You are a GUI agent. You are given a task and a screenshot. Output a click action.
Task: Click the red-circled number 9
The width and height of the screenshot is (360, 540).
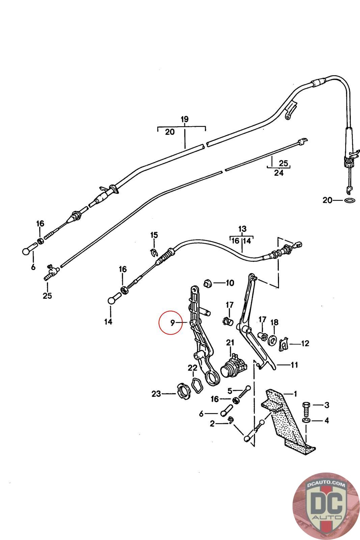point(172,323)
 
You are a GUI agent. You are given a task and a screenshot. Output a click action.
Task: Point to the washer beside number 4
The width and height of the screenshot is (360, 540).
point(306,421)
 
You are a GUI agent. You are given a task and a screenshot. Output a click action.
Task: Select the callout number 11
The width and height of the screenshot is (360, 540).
point(294,365)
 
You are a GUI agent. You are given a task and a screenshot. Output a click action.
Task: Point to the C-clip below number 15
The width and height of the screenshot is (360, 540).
point(154,252)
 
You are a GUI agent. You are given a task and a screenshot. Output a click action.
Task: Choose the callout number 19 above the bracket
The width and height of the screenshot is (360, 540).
point(184,119)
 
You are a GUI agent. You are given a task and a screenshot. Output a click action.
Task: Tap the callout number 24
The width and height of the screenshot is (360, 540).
point(279,173)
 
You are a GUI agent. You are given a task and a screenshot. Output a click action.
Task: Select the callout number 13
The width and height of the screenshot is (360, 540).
point(242,229)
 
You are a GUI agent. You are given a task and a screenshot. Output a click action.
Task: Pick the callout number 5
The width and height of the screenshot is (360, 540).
point(230,391)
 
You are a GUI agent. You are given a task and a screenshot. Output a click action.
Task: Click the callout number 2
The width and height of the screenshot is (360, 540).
point(212,424)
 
